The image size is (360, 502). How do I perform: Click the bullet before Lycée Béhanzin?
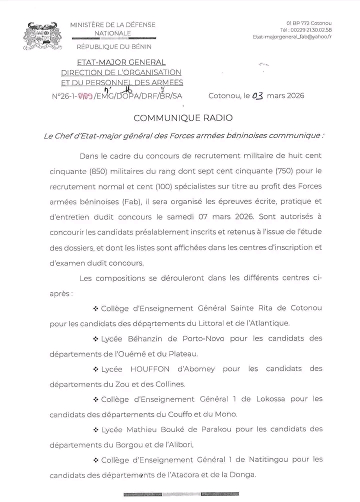(95, 339)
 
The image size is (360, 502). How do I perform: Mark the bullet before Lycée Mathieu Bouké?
(95, 429)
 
